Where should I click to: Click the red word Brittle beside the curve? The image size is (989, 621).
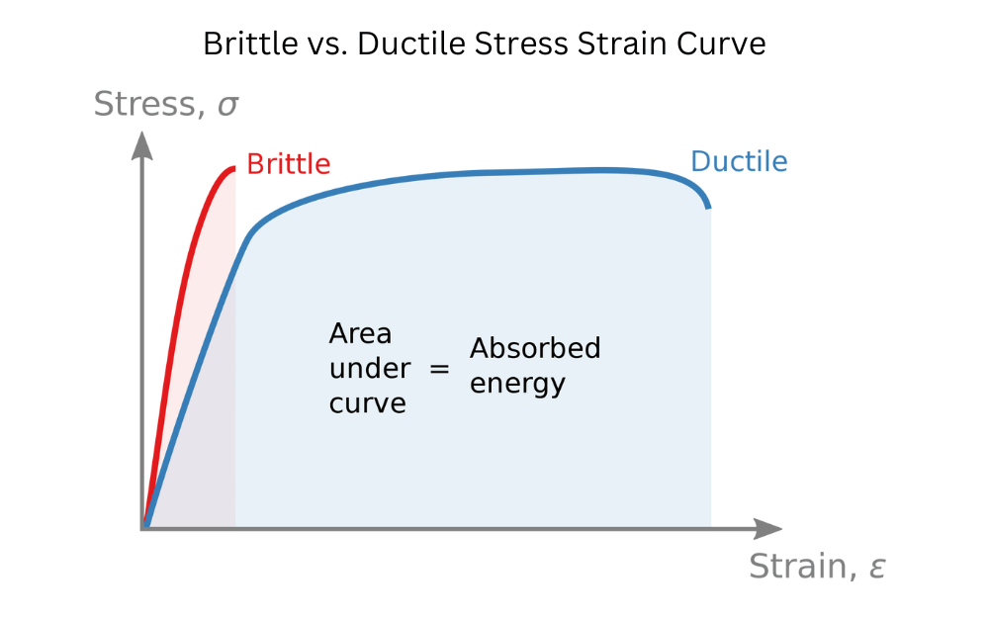pos(288,164)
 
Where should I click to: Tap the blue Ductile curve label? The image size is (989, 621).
pos(739,161)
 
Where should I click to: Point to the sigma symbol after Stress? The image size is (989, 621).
pos(227,106)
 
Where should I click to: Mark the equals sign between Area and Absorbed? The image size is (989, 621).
pos(439,369)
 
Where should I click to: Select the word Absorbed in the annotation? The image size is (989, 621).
pos(535,348)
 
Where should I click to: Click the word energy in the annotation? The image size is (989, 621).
pos(517,384)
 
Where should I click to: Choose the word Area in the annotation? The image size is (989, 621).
pos(360,334)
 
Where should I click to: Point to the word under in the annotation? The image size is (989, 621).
pos(370,369)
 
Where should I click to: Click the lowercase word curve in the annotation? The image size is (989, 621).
pos(368,403)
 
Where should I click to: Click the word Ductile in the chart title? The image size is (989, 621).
pos(400,44)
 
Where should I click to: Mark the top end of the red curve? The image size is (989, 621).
pos(234,168)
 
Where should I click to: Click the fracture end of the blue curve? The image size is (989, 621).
pos(708,206)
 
